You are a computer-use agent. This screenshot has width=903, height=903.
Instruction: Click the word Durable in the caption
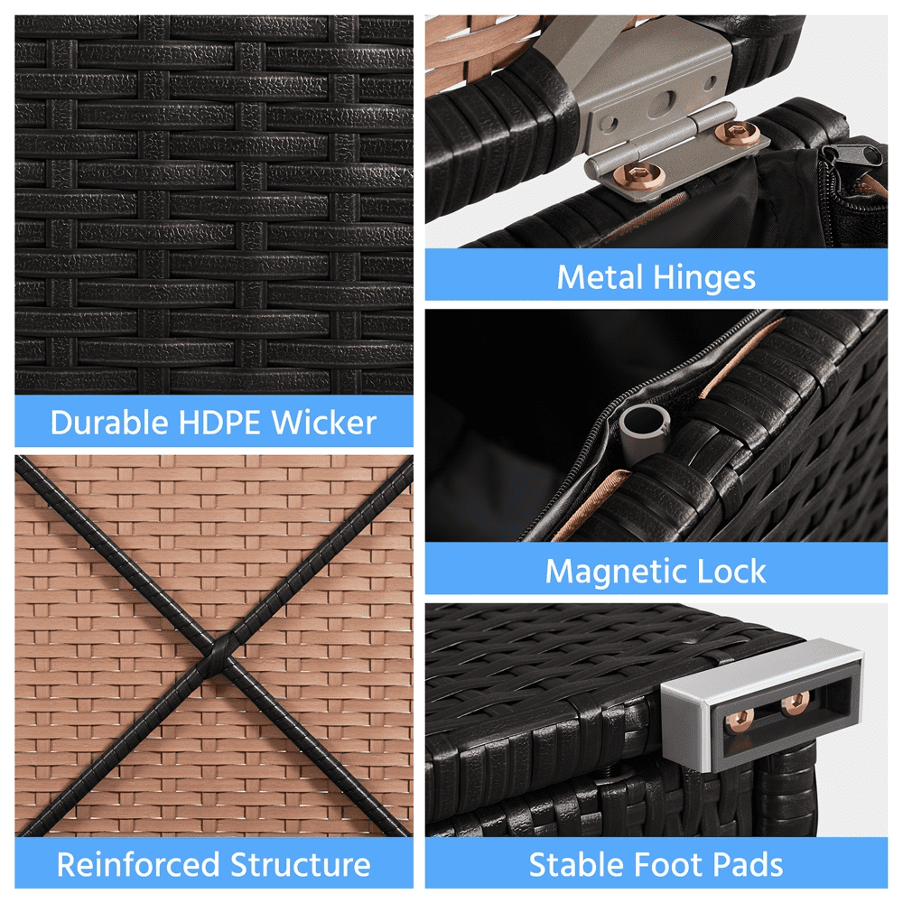point(110,423)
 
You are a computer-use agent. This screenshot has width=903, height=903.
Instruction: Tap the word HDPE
point(219,423)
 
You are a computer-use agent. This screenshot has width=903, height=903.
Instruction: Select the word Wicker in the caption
point(323,423)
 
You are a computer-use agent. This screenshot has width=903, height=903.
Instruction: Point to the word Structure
point(300,864)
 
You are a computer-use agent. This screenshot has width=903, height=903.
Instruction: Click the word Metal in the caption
point(600,277)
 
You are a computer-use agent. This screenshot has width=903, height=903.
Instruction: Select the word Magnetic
point(615,573)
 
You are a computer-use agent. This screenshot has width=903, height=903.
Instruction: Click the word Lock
point(731,571)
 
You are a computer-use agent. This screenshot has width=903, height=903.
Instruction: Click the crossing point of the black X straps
point(219,653)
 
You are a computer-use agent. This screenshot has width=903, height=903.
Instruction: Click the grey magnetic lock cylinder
point(644,430)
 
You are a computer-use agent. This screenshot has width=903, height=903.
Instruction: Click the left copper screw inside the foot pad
point(740,721)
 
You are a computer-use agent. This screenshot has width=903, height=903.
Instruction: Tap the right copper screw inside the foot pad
point(796,703)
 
